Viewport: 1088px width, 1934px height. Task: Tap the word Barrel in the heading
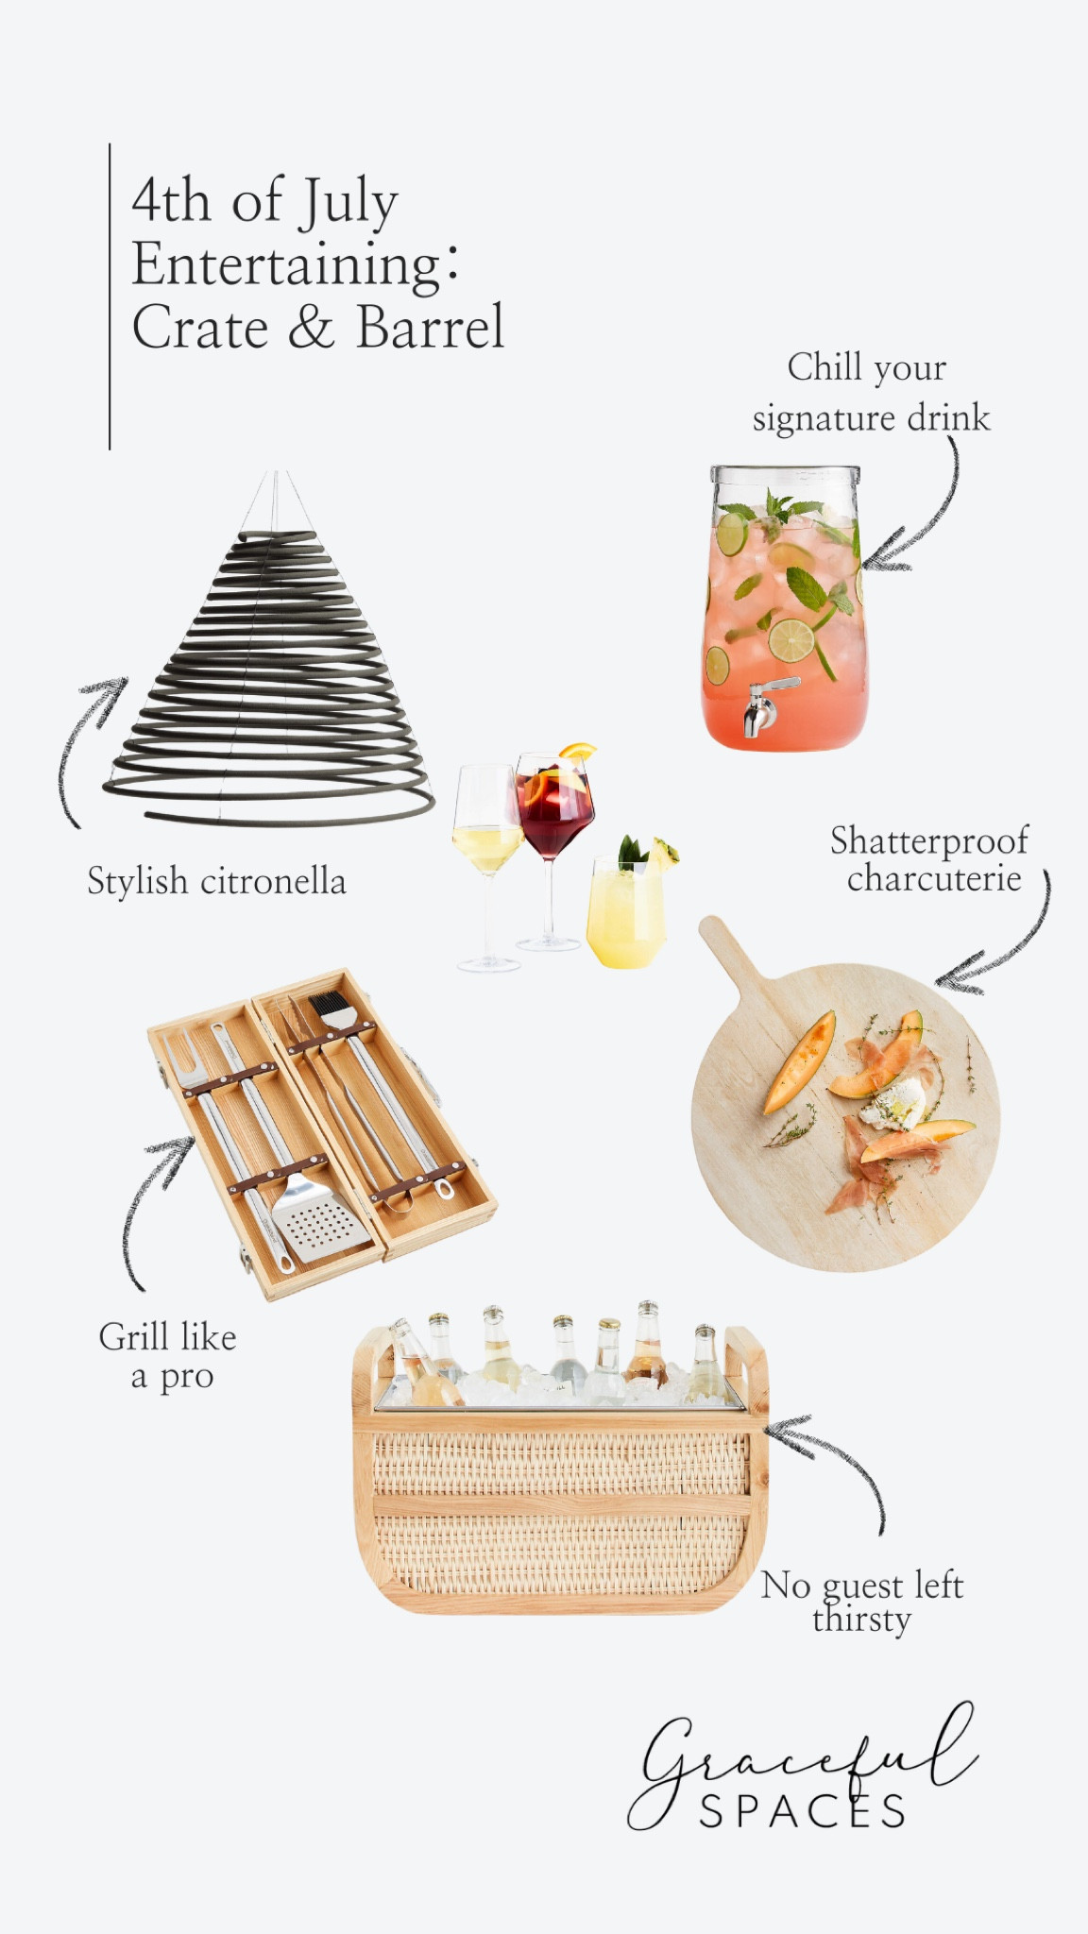pyautogui.click(x=430, y=328)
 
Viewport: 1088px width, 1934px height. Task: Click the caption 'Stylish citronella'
pyautogui.click(x=216, y=881)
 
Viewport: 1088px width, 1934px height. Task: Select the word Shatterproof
pyautogui.click(x=928, y=840)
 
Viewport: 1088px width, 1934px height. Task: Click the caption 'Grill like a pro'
pyautogui.click(x=168, y=1356)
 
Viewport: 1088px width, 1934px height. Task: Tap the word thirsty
pyautogui.click(x=861, y=1620)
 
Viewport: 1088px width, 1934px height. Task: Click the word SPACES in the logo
pyautogui.click(x=802, y=1811)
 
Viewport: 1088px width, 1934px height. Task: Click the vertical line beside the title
pyautogui.click(x=110, y=297)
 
